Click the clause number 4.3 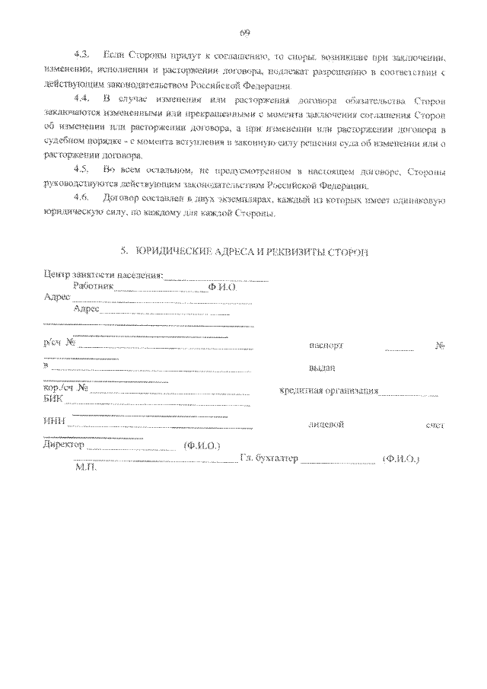click(x=81, y=57)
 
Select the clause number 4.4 click(x=81, y=100)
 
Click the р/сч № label click(x=59, y=343)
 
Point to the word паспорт click(x=326, y=345)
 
